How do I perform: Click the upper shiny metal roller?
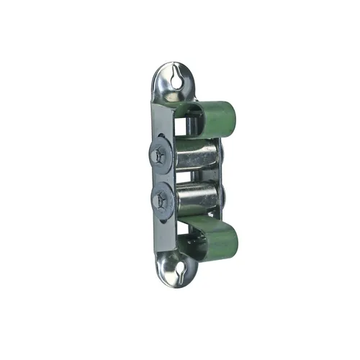196,154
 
